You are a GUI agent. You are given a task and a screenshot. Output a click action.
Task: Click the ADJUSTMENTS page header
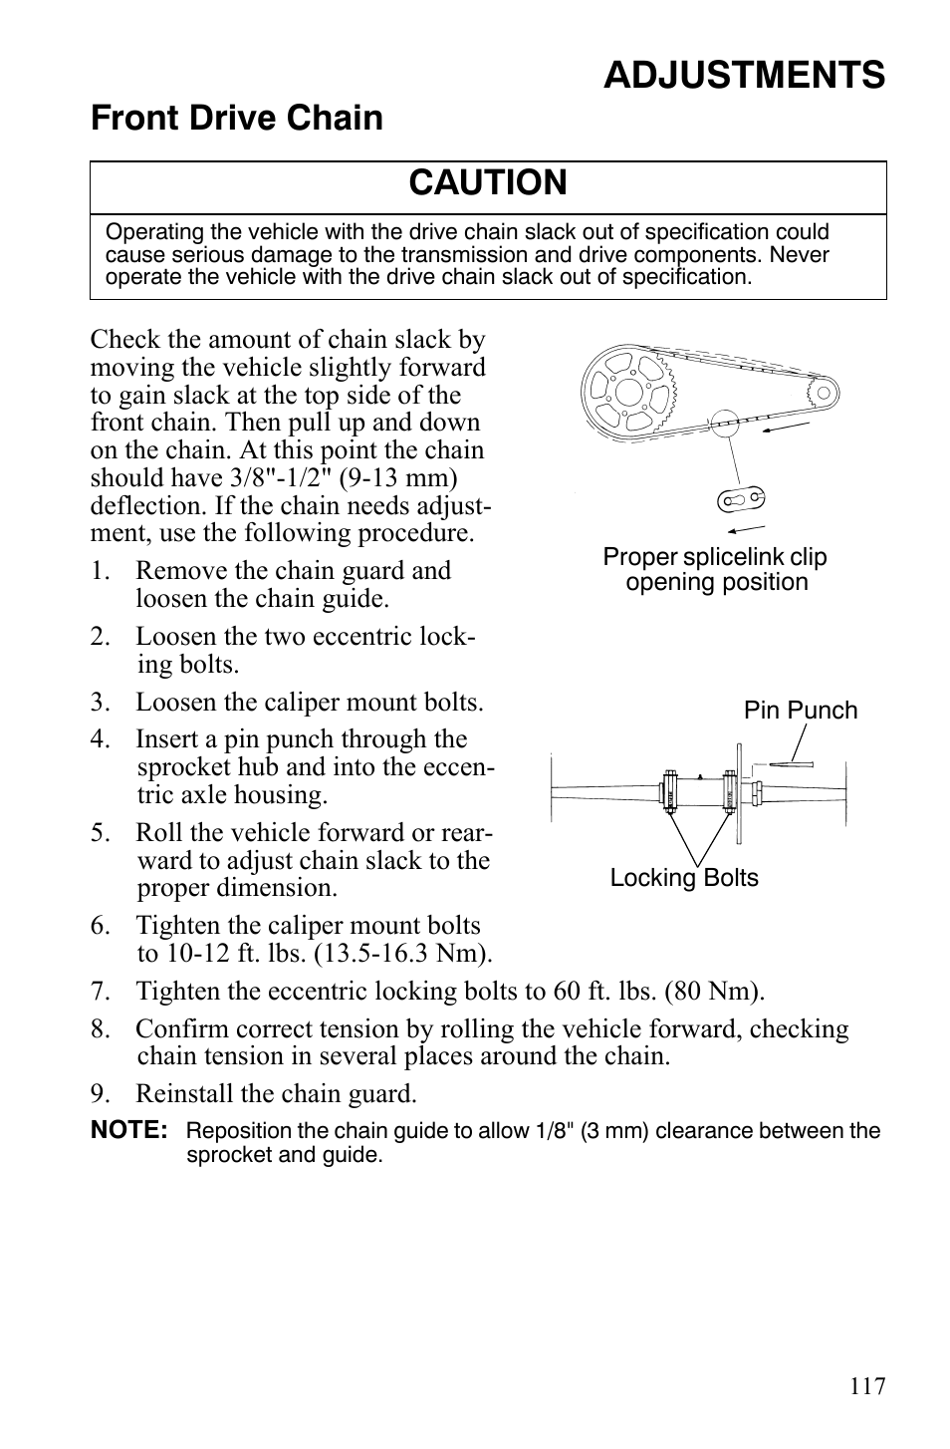coord(743,76)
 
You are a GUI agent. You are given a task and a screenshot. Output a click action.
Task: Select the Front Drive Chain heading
coord(237,119)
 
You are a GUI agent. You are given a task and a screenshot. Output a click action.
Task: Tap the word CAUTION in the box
coord(488,183)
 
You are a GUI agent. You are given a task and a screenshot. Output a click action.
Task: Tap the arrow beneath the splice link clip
coord(745,528)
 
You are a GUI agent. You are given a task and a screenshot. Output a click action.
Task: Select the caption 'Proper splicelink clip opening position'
coord(715,570)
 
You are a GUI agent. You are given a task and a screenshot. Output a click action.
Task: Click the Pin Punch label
coord(800,711)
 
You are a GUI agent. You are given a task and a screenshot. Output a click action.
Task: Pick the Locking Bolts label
coord(684,878)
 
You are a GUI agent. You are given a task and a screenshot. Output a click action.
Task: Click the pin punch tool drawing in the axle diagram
coord(790,765)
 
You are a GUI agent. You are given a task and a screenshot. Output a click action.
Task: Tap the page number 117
coord(867,1386)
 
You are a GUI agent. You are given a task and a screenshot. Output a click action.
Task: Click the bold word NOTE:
coord(128,1131)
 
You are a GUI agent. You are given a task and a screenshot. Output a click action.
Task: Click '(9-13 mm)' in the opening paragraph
coord(408,478)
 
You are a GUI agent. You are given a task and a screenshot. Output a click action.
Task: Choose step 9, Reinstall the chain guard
coord(275,1094)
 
